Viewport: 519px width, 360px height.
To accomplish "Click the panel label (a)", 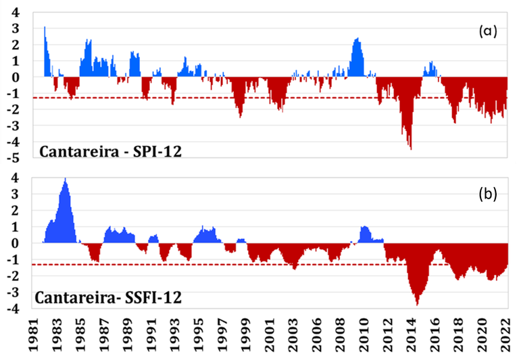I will (487, 31).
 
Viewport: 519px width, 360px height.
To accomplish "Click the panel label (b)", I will (487, 195).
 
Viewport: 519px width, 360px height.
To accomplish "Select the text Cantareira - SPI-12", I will (109, 151).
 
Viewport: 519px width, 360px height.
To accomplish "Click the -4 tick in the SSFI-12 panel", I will (14, 309).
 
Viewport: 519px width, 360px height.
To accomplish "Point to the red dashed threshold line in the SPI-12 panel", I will (270, 98).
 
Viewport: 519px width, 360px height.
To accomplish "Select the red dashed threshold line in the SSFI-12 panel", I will (270, 265).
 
